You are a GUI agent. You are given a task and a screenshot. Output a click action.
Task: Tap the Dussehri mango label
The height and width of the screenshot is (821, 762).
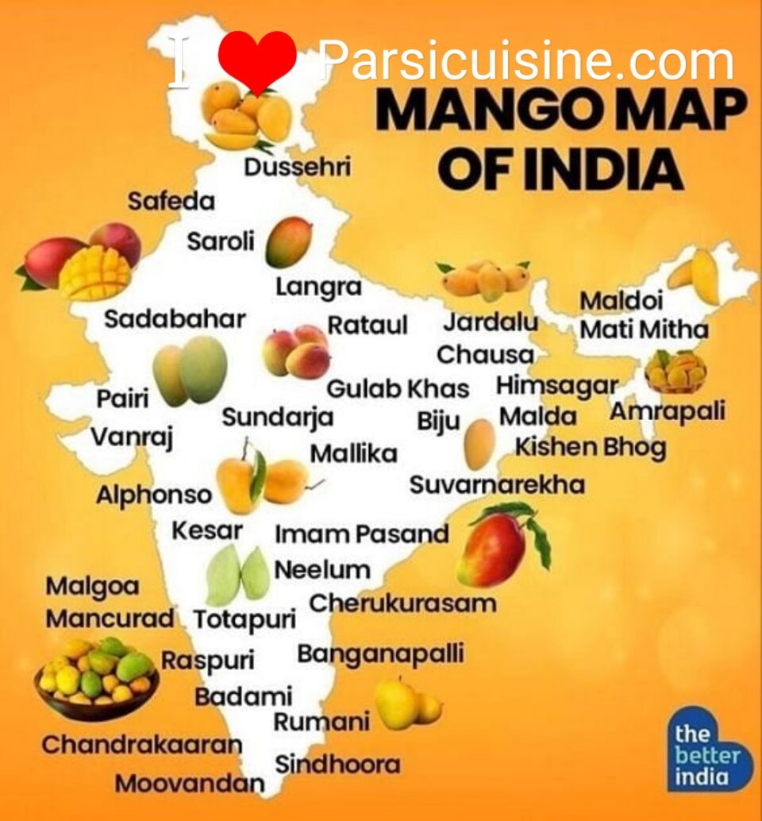(x=297, y=168)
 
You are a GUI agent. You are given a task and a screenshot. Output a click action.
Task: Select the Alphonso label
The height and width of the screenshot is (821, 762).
(x=154, y=495)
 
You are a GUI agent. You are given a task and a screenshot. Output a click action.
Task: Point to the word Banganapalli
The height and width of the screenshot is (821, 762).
(x=380, y=654)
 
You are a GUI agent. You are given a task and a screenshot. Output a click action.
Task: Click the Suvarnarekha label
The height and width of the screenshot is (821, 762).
(x=497, y=484)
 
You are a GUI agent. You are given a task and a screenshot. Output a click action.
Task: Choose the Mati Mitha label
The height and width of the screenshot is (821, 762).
(x=644, y=329)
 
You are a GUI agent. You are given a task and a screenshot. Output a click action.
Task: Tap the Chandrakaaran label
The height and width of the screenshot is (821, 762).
(x=141, y=745)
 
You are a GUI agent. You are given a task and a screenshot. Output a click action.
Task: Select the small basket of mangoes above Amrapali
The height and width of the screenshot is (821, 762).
(x=675, y=372)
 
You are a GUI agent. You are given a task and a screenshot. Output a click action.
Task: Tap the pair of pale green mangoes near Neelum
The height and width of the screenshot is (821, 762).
(x=237, y=575)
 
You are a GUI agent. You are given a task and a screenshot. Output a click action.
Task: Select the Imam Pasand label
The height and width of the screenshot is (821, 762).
(x=362, y=534)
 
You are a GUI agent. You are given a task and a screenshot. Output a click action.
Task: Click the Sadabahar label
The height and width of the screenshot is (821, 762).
(x=175, y=319)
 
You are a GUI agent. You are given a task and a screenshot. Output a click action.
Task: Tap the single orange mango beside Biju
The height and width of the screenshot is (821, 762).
(x=479, y=445)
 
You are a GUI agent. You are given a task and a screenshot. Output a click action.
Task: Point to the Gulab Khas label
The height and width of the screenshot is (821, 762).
(x=398, y=389)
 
